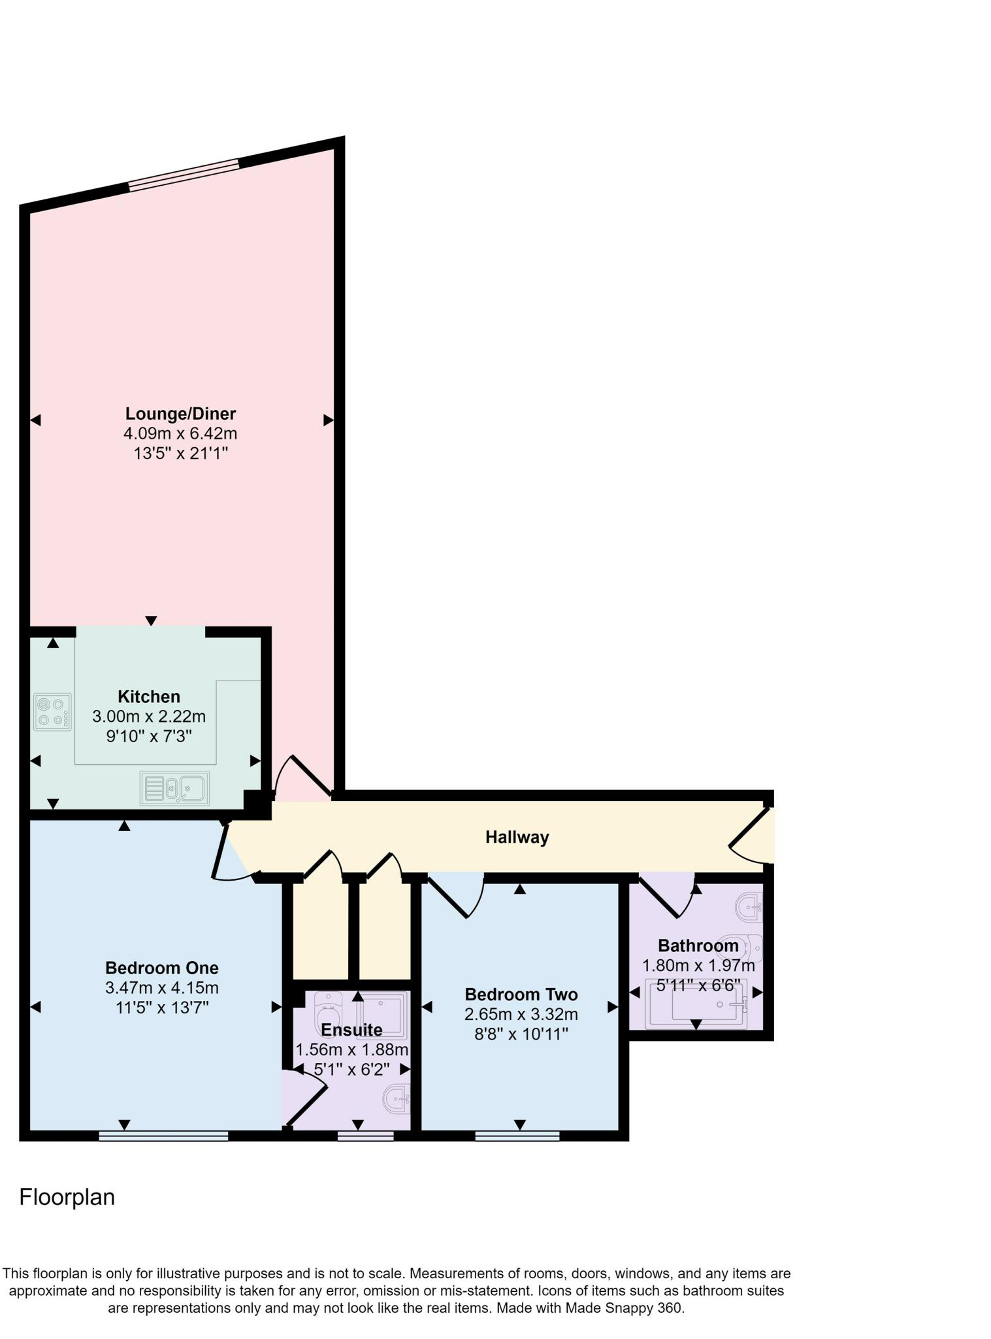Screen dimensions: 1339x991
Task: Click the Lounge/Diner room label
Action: [180, 413]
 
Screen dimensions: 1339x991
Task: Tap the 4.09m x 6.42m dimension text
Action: [180, 433]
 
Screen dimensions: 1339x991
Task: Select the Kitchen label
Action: [149, 696]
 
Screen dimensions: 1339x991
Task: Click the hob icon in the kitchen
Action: [52, 712]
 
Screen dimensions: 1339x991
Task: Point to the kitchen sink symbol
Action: [174, 788]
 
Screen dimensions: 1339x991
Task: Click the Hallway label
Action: [517, 837]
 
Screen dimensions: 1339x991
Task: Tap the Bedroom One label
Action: [162, 968]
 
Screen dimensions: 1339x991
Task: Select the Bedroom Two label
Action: [521, 994]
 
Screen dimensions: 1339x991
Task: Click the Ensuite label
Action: [351, 1030]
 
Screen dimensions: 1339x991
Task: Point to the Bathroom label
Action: [698, 945]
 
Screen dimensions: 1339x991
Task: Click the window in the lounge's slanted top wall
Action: [184, 175]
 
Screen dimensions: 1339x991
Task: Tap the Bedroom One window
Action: [163, 1136]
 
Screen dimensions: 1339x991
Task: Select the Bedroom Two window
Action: [517, 1136]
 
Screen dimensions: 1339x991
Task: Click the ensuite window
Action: [366, 1136]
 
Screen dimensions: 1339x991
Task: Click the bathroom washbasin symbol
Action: [750, 907]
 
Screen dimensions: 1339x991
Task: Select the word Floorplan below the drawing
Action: [67, 1196]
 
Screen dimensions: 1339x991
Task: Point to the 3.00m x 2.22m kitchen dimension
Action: [149, 717]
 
